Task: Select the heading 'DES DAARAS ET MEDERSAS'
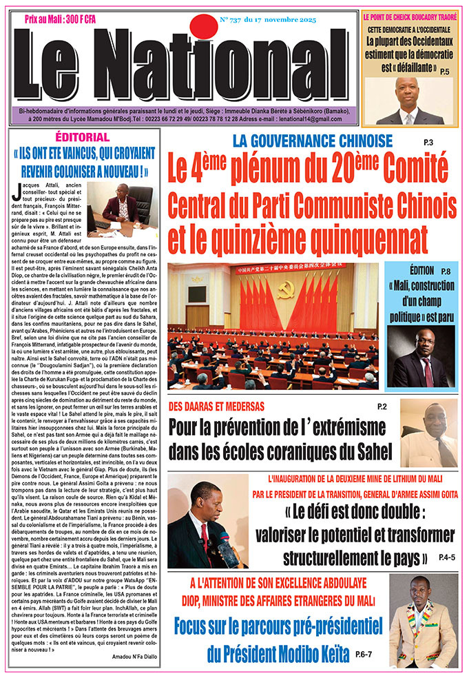(220, 404)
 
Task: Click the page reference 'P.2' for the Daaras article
(382, 407)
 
